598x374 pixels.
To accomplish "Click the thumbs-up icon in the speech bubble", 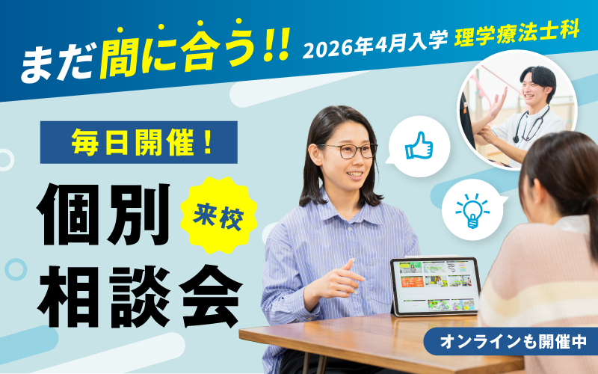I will tap(419, 145).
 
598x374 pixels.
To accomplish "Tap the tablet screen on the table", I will tap(434, 285).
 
